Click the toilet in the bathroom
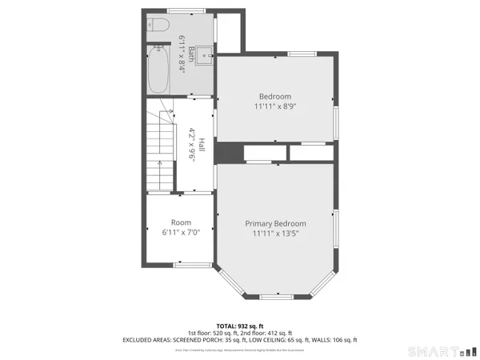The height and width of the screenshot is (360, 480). [156, 26]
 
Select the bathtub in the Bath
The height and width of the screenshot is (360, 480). [157, 69]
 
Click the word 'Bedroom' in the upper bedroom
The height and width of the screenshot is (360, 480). [274, 96]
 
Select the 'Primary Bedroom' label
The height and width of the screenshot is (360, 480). [275, 223]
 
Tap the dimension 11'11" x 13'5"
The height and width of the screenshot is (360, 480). [275, 234]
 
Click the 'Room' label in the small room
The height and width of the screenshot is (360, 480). [180, 222]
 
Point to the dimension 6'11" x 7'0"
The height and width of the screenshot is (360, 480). [180, 232]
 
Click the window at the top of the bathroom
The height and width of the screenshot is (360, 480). [180, 10]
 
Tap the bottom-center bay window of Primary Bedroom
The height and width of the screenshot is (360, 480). [275, 297]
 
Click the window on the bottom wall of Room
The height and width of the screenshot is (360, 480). [193, 264]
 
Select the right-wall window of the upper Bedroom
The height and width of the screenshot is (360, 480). [336, 119]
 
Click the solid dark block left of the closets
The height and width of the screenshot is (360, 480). [229, 152]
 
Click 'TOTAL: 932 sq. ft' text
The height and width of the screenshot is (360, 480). [240, 326]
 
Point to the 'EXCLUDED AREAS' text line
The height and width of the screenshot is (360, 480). [240, 340]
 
